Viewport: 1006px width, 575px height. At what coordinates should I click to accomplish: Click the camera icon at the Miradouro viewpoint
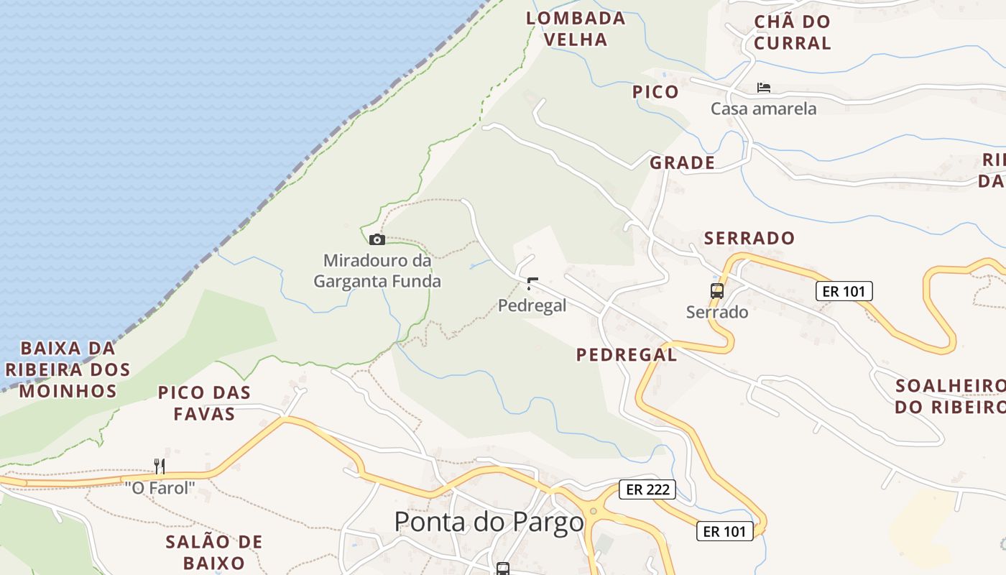pyautogui.click(x=377, y=239)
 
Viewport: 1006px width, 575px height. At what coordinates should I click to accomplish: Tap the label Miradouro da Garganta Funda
pyautogui.click(x=377, y=270)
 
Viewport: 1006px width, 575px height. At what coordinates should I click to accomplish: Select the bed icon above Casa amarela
pyautogui.click(x=763, y=88)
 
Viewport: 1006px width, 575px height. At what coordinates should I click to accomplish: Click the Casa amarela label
pyautogui.click(x=763, y=109)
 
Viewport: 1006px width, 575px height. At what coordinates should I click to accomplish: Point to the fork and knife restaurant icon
pyautogui.click(x=160, y=466)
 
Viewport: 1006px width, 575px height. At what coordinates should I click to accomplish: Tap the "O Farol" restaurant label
pyautogui.click(x=160, y=487)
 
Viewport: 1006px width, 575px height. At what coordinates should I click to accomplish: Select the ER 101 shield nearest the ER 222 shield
pyautogui.click(x=724, y=531)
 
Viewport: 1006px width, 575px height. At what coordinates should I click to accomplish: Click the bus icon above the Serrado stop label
pyautogui.click(x=716, y=291)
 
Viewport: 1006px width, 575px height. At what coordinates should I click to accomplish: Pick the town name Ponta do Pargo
pyautogui.click(x=489, y=522)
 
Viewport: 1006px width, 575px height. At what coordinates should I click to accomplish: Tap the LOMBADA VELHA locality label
pyautogui.click(x=576, y=29)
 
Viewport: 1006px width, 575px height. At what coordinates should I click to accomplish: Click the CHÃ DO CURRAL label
pyautogui.click(x=792, y=32)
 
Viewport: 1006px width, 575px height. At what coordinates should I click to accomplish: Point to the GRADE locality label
pyautogui.click(x=682, y=163)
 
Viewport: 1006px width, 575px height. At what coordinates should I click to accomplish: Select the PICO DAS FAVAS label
pyautogui.click(x=204, y=402)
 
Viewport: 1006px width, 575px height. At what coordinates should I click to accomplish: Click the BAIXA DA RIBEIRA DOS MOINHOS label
pyautogui.click(x=68, y=369)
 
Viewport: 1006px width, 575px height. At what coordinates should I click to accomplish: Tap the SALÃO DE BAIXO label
pyautogui.click(x=213, y=551)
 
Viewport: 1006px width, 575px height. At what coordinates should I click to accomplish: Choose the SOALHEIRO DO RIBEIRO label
pyautogui.click(x=949, y=396)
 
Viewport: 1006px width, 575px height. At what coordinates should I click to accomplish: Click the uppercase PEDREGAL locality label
pyautogui.click(x=626, y=354)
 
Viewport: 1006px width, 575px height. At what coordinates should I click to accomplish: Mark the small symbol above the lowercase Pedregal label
pyautogui.click(x=531, y=283)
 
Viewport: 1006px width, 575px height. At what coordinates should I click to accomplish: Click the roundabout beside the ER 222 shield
pyautogui.click(x=594, y=512)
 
